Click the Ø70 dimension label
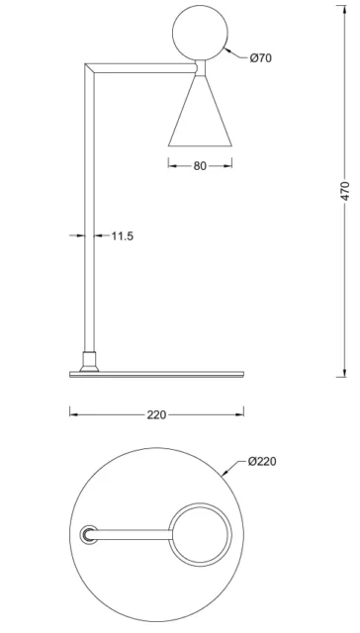260,58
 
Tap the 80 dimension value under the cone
200,166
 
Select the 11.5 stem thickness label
123,236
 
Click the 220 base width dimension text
156,415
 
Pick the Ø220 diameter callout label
262,462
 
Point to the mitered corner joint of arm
89,67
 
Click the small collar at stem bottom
88,361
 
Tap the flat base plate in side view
156,373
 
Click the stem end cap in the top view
89,535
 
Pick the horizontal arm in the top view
134,535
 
